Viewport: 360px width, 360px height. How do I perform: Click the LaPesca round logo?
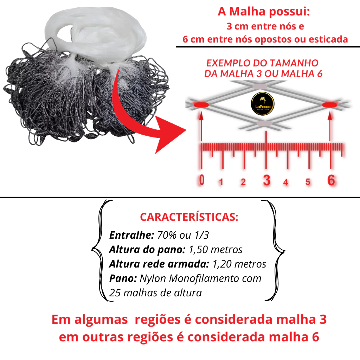[x=263, y=104]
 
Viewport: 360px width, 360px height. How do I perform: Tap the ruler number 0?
[x=201, y=180]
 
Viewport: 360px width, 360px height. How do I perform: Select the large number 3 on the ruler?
[x=266, y=180]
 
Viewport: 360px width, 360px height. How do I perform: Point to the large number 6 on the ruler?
[x=331, y=180]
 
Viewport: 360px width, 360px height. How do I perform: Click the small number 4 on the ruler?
[x=285, y=182]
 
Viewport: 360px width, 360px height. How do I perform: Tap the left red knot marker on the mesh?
[x=201, y=105]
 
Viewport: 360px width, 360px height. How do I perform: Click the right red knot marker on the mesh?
[x=330, y=105]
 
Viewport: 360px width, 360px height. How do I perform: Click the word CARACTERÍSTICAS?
[x=189, y=217]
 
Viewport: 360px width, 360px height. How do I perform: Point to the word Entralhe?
[x=131, y=235]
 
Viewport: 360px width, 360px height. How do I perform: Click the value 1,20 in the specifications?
[x=222, y=264]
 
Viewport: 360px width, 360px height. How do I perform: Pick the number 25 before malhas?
[x=115, y=293]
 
